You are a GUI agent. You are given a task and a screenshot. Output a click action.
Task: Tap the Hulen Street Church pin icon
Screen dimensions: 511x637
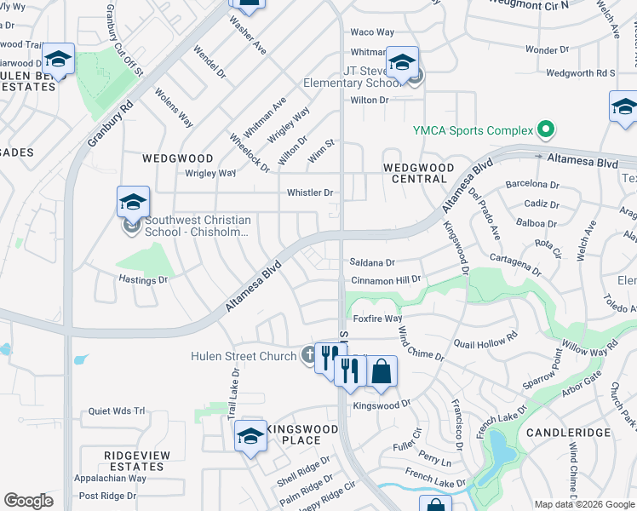[x=309, y=356]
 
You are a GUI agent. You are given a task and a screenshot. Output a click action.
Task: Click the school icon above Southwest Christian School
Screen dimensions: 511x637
[x=133, y=203]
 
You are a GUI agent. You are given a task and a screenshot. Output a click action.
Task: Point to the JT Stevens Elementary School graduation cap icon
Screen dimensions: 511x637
[x=403, y=62]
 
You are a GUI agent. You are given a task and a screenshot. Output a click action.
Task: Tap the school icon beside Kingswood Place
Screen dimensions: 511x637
[x=250, y=437]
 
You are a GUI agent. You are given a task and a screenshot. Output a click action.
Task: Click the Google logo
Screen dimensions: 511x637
[x=29, y=501]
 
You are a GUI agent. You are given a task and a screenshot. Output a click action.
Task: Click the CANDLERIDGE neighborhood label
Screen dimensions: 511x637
[x=568, y=433]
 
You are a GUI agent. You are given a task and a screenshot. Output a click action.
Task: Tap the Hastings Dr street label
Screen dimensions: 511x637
[x=143, y=279]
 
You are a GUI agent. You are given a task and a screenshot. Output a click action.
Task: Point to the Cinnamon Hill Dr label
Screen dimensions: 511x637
[x=386, y=279]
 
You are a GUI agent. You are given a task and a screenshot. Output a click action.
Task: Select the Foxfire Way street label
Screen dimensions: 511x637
[x=376, y=319]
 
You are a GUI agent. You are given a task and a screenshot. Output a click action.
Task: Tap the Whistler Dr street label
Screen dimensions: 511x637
[x=310, y=192]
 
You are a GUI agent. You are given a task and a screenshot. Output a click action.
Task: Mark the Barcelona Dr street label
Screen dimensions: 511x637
[x=531, y=184]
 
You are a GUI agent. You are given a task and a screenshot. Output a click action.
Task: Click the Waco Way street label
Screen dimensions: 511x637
[x=372, y=32]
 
